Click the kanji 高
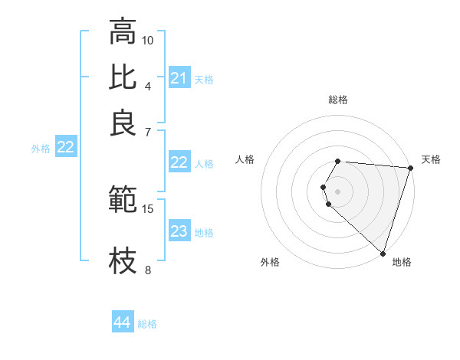pyautogui.click(x=123, y=32)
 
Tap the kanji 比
pyautogui.click(x=123, y=77)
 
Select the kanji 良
pyautogui.click(x=123, y=123)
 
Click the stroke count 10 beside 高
pyautogui.click(x=148, y=40)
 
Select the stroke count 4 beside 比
pyautogui.click(x=148, y=85)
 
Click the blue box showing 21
pyautogui.click(x=179, y=78)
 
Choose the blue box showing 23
pyautogui.click(x=179, y=232)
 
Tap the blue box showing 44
pyautogui.click(x=123, y=323)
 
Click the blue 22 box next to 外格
pyautogui.click(x=65, y=148)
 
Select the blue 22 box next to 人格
pyautogui.click(x=179, y=162)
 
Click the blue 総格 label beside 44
pyautogui.click(x=147, y=324)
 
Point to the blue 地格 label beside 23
pyautogui.click(x=204, y=233)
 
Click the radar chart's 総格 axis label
pyautogui.click(x=337, y=100)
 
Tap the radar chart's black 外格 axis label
pyautogui.click(x=270, y=263)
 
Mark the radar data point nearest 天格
pyautogui.click(x=410, y=168)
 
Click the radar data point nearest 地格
pyautogui.click(x=383, y=253)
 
